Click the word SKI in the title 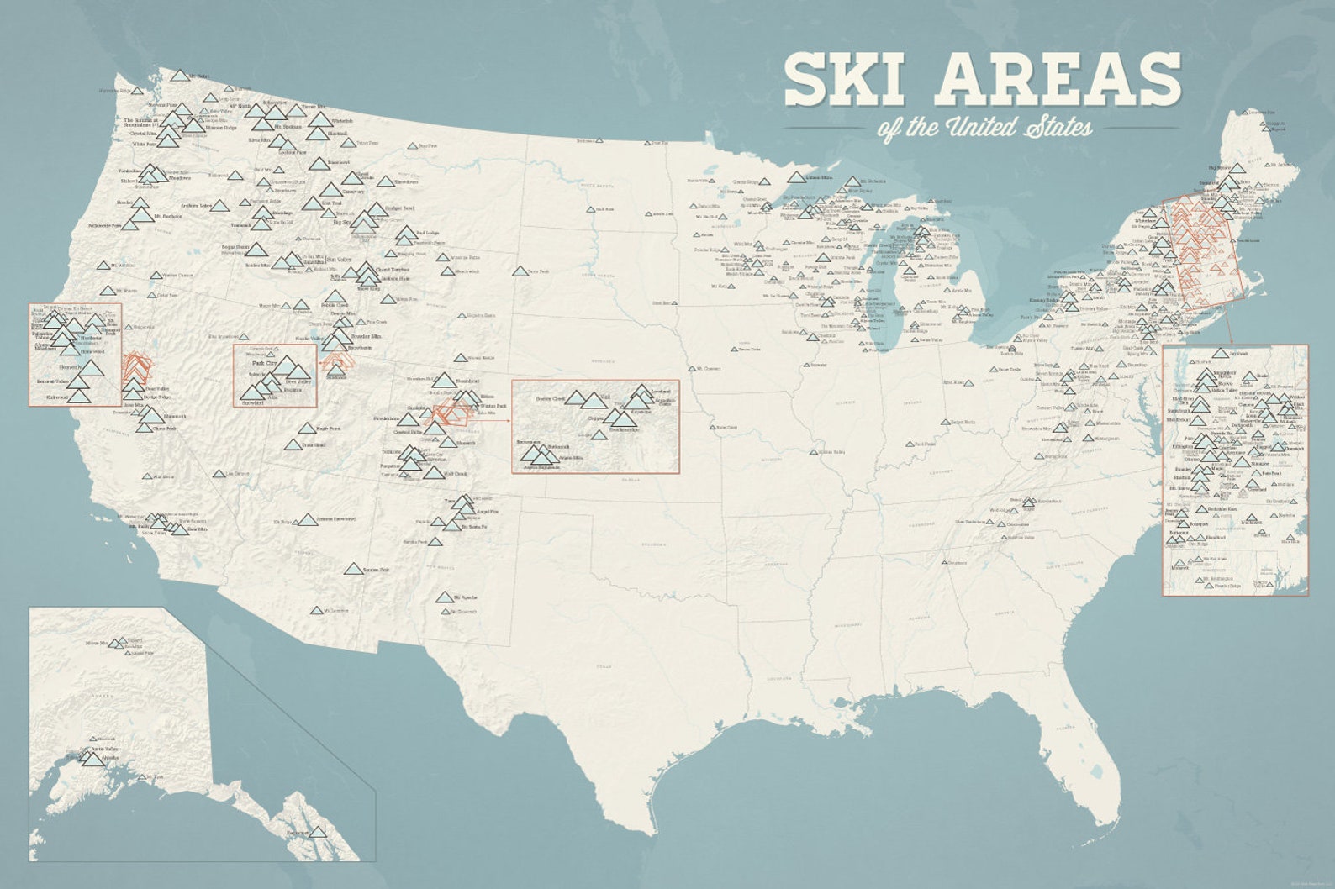point(852,79)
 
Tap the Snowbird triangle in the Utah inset point(251,392)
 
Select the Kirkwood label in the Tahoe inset point(57,397)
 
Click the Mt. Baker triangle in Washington point(178,76)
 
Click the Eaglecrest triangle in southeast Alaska point(318,832)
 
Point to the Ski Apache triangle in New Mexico point(444,598)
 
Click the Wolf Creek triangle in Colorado point(433,473)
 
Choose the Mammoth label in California point(176,416)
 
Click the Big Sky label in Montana point(341,223)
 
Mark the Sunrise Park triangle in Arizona point(353,569)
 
